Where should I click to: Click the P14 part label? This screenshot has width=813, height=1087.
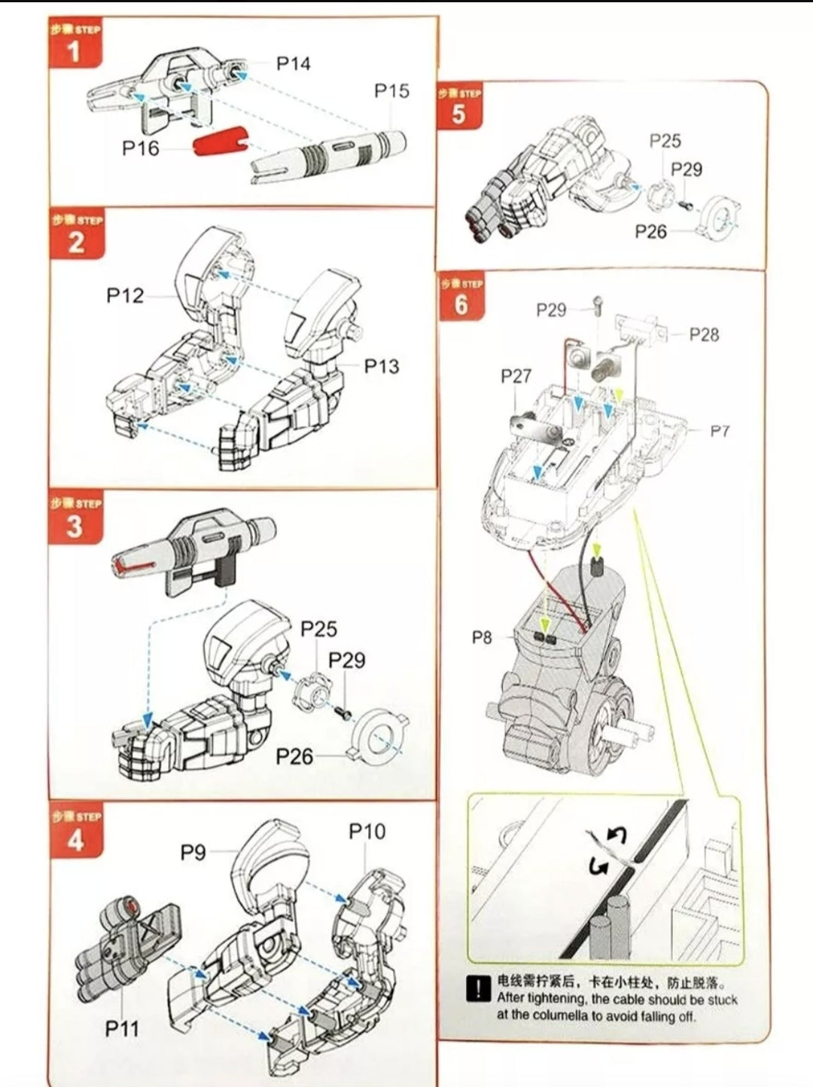[293, 64]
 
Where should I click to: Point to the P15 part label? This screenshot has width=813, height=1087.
[391, 91]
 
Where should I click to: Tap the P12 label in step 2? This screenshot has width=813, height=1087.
[124, 295]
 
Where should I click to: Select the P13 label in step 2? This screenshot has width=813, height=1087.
[382, 366]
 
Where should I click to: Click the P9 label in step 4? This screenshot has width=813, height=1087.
[193, 852]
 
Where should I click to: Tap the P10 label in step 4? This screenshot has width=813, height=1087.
[367, 832]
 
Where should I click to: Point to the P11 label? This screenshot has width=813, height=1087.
[122, 1028]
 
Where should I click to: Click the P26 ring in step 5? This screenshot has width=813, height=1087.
[720, 215]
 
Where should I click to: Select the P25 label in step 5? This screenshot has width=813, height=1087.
[665, 141]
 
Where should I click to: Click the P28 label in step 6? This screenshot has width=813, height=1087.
[704, 334]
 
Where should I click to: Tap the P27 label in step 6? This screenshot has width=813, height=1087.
[516, 376]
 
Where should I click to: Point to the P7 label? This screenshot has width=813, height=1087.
[720, 431]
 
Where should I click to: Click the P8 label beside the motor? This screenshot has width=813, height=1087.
[482, 637]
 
